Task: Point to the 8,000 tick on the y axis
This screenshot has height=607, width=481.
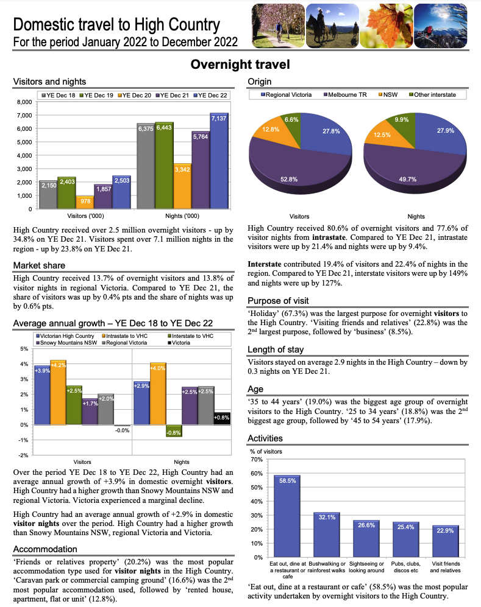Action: (x=24, y=102)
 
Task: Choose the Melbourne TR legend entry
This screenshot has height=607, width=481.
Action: (x=346, y=95)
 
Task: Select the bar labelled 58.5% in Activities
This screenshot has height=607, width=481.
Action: (x=287, y=516)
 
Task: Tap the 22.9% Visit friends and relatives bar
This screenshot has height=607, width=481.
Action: (x=445, y=541)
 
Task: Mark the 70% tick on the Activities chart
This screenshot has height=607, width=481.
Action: (x=257, y=460)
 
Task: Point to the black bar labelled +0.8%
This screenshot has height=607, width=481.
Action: (x=221, y=418)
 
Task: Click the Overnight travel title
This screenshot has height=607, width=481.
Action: (x=240, y=65)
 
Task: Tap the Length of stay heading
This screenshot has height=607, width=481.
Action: (x=276, y=349)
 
